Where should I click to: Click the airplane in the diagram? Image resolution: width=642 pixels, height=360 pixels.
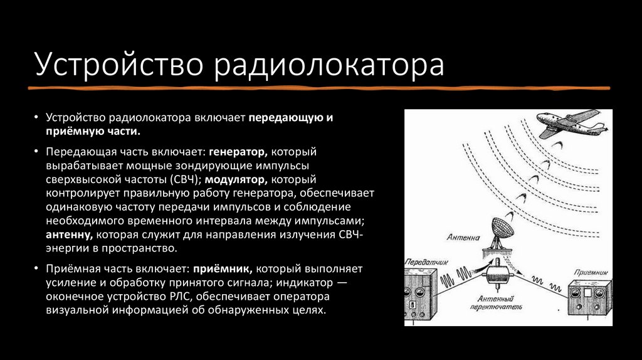pyautogui.click(x=571, y=125)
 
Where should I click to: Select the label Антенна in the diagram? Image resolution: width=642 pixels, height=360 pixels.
pyautogui.click(x=463, y=238)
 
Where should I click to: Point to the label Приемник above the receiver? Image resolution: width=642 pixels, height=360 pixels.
pyautogui.click(x=591, y=273)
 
